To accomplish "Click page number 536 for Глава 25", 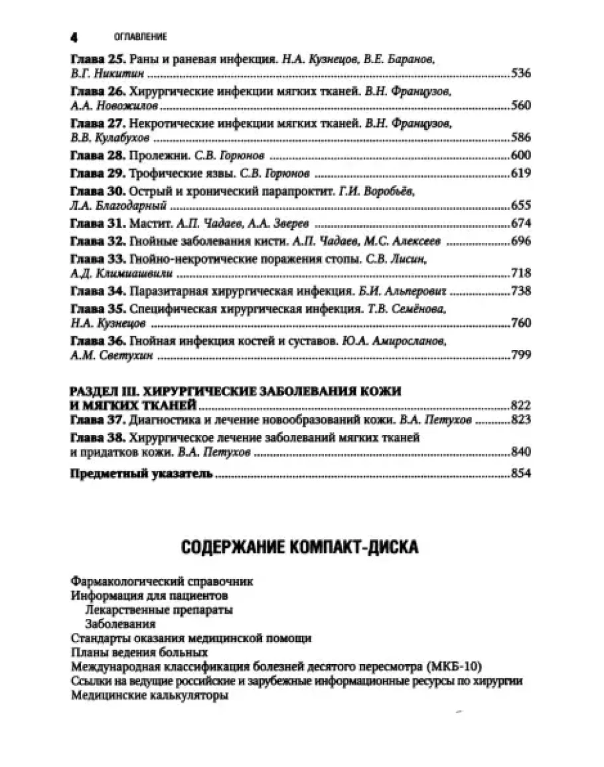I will tap(521, 73).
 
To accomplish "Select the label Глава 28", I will tap(97, 155).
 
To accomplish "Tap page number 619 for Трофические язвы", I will tap(521, 174).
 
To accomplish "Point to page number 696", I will tap(521, 241).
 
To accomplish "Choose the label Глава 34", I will tap(97, 291).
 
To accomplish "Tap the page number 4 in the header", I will tap(74, 37).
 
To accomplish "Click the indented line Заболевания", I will tap(120, 624).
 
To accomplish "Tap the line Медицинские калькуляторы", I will tap(149, 696).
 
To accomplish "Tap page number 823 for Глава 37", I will tap(521, 420).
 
